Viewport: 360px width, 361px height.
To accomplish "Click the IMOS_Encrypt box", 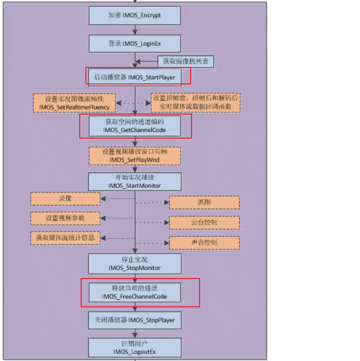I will [135, 16].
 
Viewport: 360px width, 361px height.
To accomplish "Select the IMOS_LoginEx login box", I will [135, 43].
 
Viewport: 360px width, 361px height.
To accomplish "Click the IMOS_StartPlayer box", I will [135, 76].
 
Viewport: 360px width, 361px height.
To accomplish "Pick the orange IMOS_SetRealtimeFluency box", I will [75, 103].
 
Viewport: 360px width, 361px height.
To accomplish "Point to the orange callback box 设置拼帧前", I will [195, 103].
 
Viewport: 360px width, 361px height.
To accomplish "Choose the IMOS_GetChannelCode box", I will [135, 126].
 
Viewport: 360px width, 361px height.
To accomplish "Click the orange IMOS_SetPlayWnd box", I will [135, 156].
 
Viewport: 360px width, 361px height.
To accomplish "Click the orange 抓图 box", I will [204, 202].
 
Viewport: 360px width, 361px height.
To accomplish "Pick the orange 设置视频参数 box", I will [66, 218].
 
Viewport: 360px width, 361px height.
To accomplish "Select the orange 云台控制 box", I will [204, 222].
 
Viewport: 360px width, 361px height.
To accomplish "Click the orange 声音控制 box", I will [204, 243].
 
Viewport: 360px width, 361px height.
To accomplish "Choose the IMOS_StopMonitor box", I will [135, 264].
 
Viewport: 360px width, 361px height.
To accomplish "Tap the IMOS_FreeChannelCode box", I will [135, 293].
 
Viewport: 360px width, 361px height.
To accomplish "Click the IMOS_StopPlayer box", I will [135, 320].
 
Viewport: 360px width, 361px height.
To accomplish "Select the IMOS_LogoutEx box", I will [135, 348].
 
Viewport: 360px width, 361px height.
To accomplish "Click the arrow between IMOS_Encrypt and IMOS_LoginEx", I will [135, 30].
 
